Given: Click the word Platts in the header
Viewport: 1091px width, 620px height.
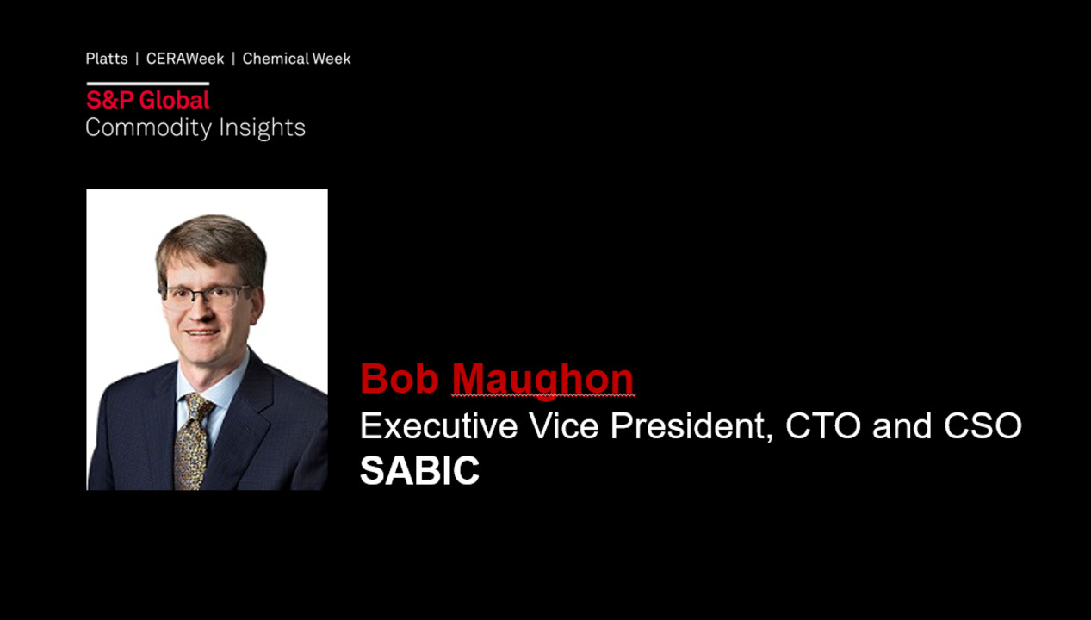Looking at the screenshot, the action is (107, 59).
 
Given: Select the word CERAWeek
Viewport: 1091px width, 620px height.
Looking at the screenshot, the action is (185, 59).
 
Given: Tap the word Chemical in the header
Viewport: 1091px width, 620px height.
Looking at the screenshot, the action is (276, 59).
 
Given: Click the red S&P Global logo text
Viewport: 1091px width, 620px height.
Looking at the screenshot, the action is (147, 101).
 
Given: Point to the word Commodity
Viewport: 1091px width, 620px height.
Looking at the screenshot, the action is (149, 128).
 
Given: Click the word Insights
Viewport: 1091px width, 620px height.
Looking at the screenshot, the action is (262, 128).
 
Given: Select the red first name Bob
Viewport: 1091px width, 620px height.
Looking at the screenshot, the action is (400, 378).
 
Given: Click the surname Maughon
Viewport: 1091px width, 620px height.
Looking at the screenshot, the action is (542, 380).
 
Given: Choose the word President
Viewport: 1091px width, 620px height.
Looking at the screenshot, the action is (691, 426).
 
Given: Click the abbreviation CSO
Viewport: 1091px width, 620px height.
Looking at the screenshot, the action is (983, 425).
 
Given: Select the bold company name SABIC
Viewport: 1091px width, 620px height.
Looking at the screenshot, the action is (419, 470).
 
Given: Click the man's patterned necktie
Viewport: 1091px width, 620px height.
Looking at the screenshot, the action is (194, 441).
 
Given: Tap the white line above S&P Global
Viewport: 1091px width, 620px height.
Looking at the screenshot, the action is (147, 84).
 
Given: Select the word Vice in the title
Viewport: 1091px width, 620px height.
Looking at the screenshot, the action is (563, 425).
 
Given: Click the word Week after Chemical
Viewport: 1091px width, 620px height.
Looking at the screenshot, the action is (332, 59).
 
